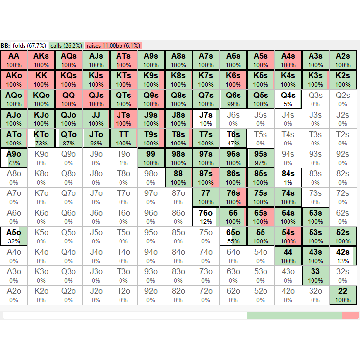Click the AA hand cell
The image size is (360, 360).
14,60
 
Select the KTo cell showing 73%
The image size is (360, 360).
41,138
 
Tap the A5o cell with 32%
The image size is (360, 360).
14,236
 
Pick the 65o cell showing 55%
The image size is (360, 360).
233,236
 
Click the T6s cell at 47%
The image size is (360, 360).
233,138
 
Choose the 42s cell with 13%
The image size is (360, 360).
343,256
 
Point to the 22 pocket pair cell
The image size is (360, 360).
343,295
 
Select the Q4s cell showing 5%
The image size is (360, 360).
288,99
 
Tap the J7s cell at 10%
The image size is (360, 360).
206,119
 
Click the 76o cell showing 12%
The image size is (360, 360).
206,216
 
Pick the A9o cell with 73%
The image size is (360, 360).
14,158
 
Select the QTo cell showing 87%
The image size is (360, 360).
69,138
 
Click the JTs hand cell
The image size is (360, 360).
123,119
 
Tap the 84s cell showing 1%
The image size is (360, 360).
288,177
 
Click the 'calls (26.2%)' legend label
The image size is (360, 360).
66,45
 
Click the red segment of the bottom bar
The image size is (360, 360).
350,315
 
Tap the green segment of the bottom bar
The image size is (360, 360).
294,315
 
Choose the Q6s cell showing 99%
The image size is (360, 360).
233,99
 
